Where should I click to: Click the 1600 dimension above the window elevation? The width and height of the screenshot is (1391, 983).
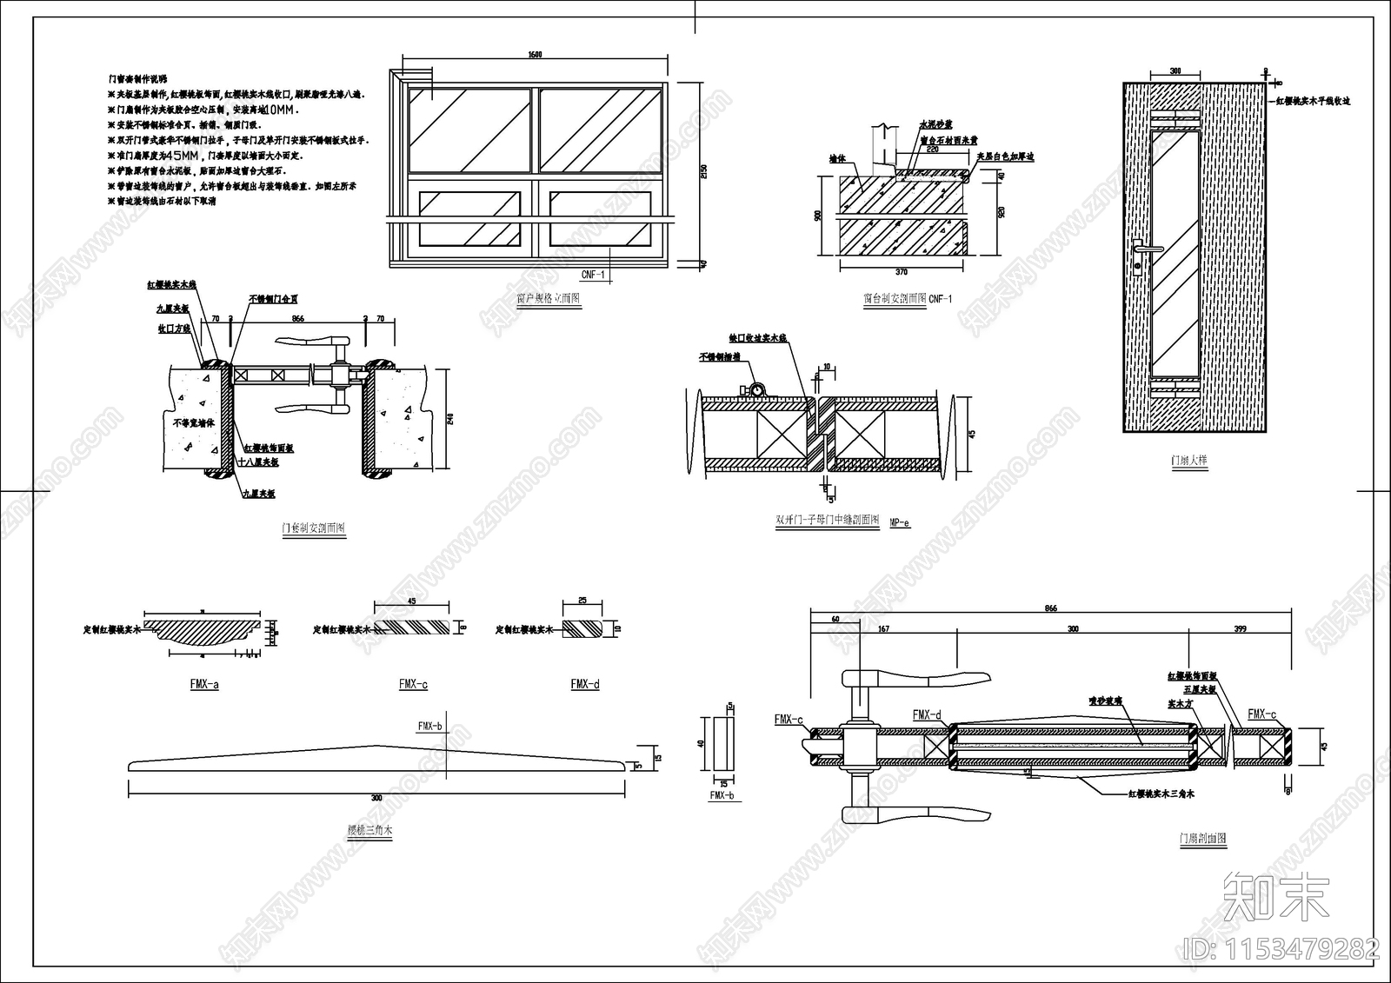(535, 55)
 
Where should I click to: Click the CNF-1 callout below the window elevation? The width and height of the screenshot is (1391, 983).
(593, 276)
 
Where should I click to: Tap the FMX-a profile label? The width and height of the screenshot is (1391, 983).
(204, 685)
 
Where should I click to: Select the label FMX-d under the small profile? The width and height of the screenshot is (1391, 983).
(585, 685)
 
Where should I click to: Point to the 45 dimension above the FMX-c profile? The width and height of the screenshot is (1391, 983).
(411, 601)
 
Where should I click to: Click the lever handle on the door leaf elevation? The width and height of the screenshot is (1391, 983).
(1146, 250)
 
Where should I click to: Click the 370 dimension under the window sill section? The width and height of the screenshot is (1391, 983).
(902, 272)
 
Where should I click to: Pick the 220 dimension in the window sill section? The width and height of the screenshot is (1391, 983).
(933, 149)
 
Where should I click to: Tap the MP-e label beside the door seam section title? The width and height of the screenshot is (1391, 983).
(900, 522)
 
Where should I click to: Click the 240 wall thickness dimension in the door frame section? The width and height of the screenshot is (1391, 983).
(449, 420)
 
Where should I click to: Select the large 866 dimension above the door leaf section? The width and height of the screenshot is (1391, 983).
(1051, 609)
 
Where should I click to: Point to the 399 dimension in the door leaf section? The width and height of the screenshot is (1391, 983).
(1240, 628)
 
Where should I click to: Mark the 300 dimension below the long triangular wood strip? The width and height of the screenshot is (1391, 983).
(376, 798)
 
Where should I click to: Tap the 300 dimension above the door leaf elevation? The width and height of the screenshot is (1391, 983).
(1175, 71)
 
